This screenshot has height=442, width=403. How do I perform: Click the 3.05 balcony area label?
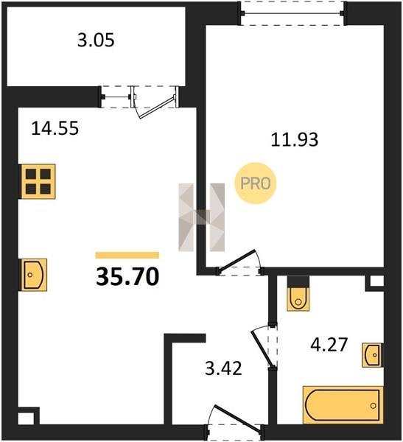coord(96,41)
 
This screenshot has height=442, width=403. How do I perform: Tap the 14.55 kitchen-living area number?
coord(55,128)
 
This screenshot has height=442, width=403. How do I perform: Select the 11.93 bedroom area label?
coord(295,139)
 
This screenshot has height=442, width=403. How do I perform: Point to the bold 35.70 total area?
coord(127,276)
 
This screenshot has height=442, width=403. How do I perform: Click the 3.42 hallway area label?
coord(223,368)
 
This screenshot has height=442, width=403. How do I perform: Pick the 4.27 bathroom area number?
coord(329,345)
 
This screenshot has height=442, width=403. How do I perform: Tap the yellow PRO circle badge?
coord(256,183)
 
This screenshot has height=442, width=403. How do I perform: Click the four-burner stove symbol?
coord(38,181)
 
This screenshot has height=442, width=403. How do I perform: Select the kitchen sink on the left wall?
coord(33,275)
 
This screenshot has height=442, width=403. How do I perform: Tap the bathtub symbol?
coord(343,404)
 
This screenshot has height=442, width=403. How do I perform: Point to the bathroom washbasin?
coord(373,355)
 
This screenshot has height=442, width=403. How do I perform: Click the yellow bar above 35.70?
coord(127,255)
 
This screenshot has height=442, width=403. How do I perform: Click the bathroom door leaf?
coord(263,349)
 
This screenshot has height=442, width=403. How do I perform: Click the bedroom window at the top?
coord(292,13)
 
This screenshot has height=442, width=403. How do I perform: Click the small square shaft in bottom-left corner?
coord(28,415)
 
